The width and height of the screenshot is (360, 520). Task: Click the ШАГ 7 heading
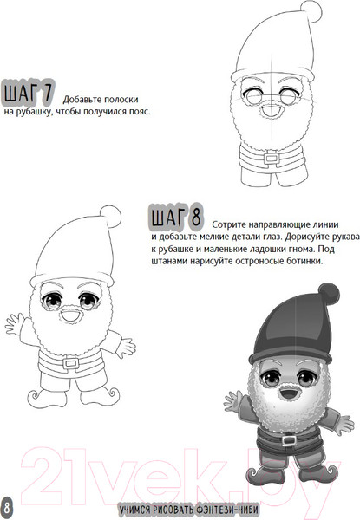pos(28,92)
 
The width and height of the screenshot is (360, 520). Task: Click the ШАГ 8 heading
pos(176,217)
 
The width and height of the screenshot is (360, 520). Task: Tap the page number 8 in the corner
pos(7,508)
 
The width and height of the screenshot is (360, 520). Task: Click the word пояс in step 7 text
pos(139,112)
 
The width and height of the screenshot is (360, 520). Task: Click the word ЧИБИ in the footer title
pos(247,510)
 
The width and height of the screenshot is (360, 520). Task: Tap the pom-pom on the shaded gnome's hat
pos(329,294)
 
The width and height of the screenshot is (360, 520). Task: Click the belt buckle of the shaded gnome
pos(289,440)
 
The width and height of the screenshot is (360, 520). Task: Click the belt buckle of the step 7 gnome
pos(272,158)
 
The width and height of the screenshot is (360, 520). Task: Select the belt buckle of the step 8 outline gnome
pos(70,363)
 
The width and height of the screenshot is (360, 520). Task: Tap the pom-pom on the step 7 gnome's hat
pos(311,11)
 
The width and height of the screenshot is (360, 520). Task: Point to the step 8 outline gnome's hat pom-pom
pos(110,216)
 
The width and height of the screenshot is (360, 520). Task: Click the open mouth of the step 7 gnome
pos(271,110)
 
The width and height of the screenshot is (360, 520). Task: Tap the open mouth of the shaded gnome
pos(287,393)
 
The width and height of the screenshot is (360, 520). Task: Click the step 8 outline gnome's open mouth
pos(70,316)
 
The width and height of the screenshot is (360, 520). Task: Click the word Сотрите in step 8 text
pos(229,224)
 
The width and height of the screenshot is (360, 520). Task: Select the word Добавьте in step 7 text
pos(82,100)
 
